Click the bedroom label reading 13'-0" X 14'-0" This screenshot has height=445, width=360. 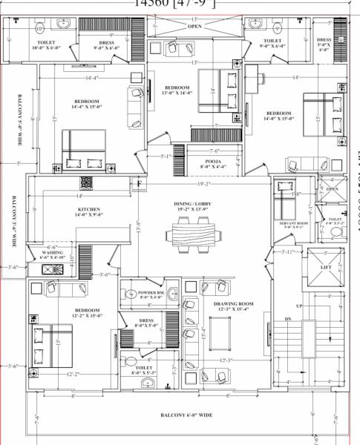(177, 90)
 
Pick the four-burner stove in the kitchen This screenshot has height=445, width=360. (86, 182)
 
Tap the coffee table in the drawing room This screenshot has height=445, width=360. (220, 328)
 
